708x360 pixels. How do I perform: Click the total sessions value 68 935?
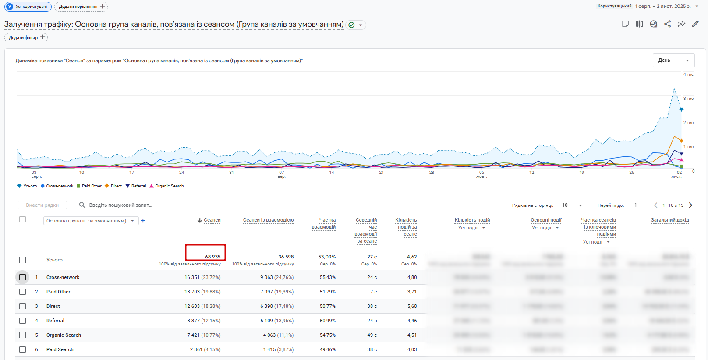pyautogui.click(x=212, y=257)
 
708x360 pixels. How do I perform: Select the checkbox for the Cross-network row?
pyautogui.click(x=23, y=277)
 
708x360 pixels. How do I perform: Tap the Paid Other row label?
pyautogui.click(x=58, y=292)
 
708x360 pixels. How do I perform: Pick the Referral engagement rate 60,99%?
pyautogui.click(x=327, y=321)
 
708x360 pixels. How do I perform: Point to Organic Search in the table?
pyautogui.click(x=64, y=335)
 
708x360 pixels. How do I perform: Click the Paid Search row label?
pyautogui.click(x=60, y=349)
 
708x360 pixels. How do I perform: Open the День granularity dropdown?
pyautogui.click(x=673, y=60)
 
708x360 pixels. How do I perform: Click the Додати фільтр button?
pyautogui.click(x=26, y=38)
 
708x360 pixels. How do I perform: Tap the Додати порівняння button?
pyautogui.click(x=81, y=7)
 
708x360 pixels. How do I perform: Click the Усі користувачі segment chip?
pyautogui.click(x=28, y=7)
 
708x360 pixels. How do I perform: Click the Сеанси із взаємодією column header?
pyautogui.click(x=268, y=220)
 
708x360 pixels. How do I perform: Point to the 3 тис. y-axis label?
pyautogui.click(x=689, y=99)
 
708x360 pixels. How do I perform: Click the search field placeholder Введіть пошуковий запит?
pyautogui.click(x=120, y=205)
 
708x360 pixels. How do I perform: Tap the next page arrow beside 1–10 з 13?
pyautogui.click(x=691, y=205)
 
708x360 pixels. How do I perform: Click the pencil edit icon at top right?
pyautogui.click(x=695, y=24)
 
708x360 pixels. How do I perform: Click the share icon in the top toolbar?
pyautogui.click(x=667, y=24)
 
